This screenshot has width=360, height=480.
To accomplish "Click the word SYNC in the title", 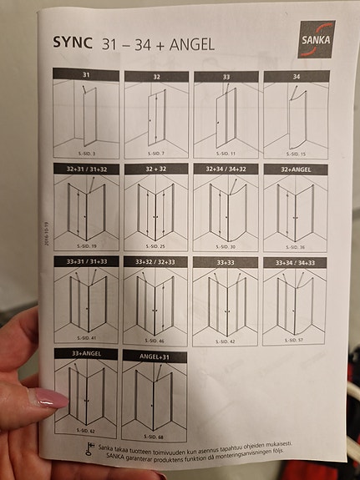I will coord(72,42).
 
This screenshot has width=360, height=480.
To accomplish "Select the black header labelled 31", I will coord(85,74).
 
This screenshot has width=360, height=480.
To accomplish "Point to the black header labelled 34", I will coord(296,76).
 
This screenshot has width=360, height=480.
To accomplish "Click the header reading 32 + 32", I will coord(156,168).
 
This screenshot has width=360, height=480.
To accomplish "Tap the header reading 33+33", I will coord(225,262).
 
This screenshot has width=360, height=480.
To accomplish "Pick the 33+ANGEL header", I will coord(86,354).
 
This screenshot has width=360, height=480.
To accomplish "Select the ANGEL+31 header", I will coord(155,355).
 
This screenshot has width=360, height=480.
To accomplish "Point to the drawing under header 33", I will coord(226,116).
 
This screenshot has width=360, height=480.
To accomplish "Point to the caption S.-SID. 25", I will coord(155,248).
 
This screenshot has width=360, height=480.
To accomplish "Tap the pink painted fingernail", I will coord(49,397).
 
